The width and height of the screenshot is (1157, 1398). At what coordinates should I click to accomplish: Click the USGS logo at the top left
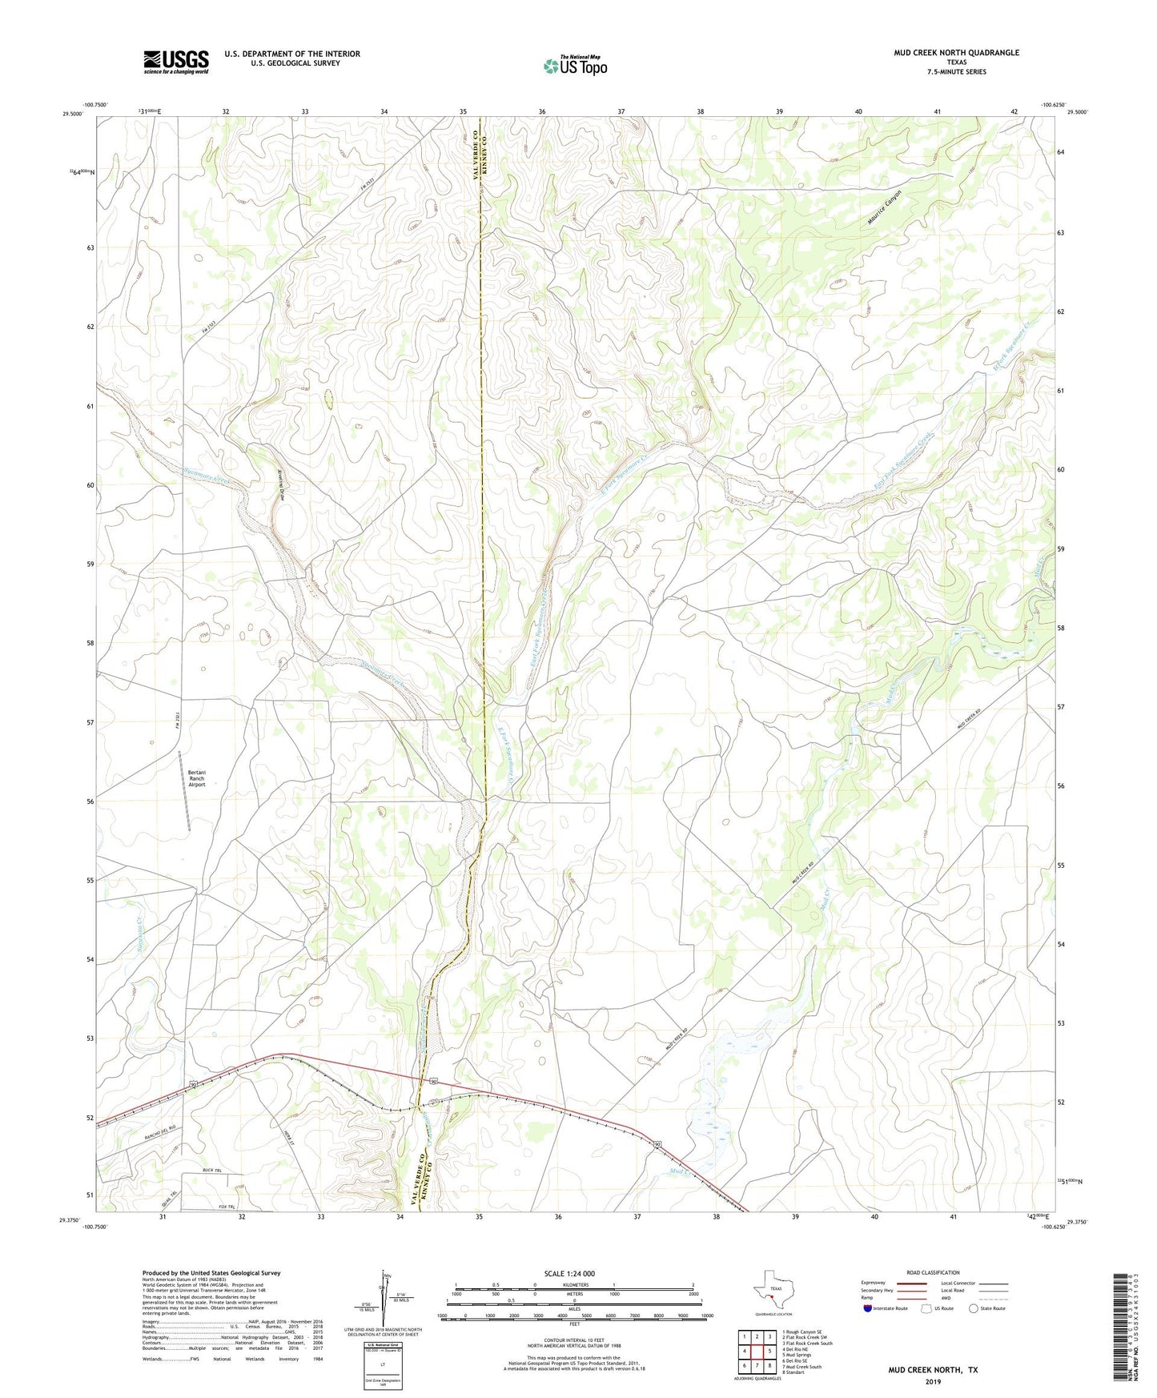point(176,62)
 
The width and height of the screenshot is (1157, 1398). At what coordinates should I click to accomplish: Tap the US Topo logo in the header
point(574,66)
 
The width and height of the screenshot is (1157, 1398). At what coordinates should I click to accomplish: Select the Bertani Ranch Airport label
point(197,778)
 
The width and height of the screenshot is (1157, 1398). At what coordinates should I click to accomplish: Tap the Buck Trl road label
point(211,1171)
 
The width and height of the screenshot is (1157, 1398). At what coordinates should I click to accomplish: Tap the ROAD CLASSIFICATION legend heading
point(933,1273)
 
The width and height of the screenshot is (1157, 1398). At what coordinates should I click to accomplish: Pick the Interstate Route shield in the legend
point(868,1308)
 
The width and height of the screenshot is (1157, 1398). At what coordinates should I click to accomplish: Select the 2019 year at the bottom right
point(933,1381)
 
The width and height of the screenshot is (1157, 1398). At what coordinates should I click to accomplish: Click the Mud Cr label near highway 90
point(681,1172)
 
